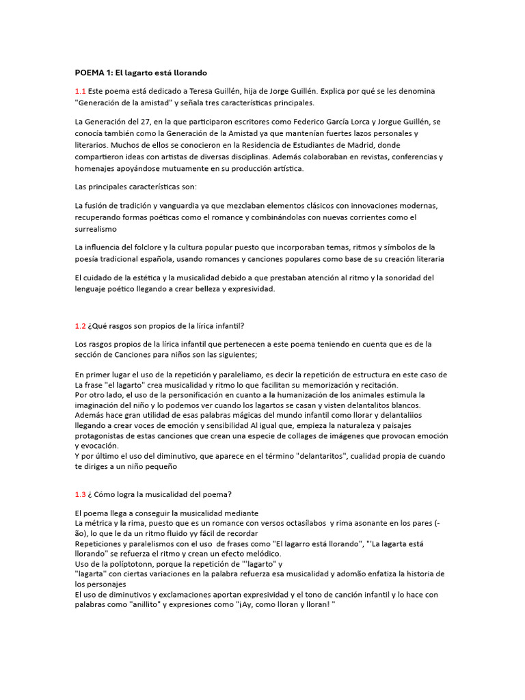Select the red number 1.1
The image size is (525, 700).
click(81, 91)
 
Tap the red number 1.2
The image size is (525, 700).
click(81, 325)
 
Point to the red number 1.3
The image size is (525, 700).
click(81, 494)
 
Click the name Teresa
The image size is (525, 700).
click(202, 91)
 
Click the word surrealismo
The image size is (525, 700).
click(96, 230)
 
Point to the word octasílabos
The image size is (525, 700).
click(299, 523)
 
